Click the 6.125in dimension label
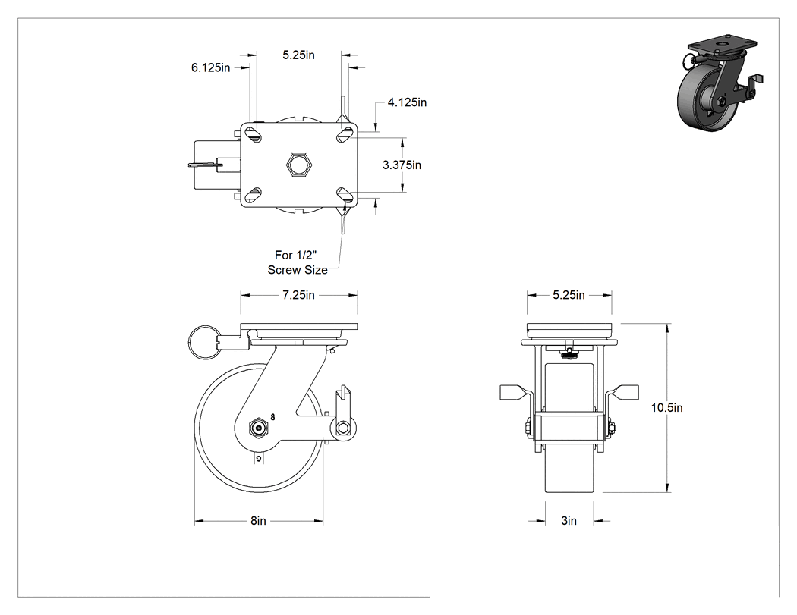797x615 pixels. point(210,67)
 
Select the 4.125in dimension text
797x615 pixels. point(407,102)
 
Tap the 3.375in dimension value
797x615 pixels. point(402,165)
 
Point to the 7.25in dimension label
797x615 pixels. point(299,295)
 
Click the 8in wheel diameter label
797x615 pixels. point(258,521)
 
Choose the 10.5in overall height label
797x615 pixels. point(667,408)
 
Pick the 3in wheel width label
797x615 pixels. point(569,521)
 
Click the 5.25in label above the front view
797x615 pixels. point(569,295)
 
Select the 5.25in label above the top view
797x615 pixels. point(299,55)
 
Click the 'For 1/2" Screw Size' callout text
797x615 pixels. point(298,262)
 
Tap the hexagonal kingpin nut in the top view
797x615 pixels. point(299,165)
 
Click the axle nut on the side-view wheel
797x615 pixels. point(259,428)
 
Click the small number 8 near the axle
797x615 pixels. point(273,417)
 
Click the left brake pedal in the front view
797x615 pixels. point(515,392)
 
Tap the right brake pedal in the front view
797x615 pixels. point(622,392)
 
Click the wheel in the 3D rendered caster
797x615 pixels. point(699,102)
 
